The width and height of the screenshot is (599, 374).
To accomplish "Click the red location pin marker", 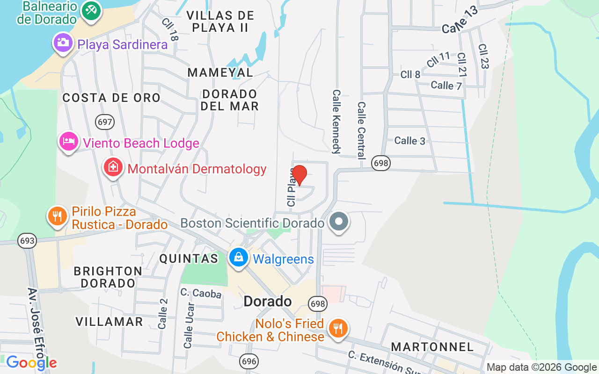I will pyautogui.click(x=299, y=175).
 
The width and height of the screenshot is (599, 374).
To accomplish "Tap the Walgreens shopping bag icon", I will pyautogui.click(x=239, y=258).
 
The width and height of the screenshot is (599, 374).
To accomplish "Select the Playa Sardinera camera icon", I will pyautogui.click(x=62, y=43).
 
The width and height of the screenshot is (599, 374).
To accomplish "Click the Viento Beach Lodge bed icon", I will pyautogui.click(x=68, y=141).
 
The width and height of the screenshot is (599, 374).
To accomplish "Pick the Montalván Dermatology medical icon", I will pyautogui.click(x=113, y=167).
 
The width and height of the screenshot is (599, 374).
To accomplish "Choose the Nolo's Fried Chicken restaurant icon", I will pyautogui.click(x=337, y=328).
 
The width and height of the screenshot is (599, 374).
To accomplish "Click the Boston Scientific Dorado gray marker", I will pyautogui.click(x=339, y=222).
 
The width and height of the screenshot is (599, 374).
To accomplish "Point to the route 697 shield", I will pyautogui.click(x=105, y=122).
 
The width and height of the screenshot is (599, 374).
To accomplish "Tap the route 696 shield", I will pyautogui.click(x=248, y=361).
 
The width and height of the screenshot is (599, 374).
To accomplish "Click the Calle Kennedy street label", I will pyautogui.click(x=336, y=122).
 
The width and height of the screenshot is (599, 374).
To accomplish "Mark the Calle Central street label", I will pyautogui.click(x=361, y=131).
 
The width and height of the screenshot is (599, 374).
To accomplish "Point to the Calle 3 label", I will pyautogui.click(x=409, y=141).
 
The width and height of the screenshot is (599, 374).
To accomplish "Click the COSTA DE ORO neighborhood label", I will pyautogui.click(x=111, y=98).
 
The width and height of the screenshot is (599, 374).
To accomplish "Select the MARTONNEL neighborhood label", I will pyautogui.click(x=432, y=347).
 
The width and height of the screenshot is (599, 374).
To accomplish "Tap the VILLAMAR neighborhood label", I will pyautogui.click(x=109, y=322).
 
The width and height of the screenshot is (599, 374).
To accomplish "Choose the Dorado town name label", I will pyautogui.click(x=268, y=302).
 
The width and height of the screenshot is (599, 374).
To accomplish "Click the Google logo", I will pyautogui.click(x=31, y=363).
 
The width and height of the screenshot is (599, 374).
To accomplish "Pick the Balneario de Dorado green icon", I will pyautogui.click(x=91, y=10).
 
